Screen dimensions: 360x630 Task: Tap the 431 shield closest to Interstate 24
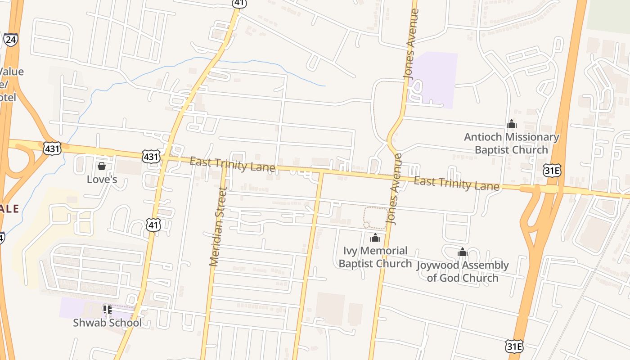pyautogui.click(x=52, y=148)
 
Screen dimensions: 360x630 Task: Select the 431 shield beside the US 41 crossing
pyautogui.click(x=151, y=156)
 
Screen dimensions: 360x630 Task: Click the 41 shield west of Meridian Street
pyautogui.click(x=153, y=225)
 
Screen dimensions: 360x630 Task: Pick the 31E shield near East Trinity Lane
pyautogui.click(x=552, y=170)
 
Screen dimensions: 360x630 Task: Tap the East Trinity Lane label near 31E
pyautogui.click(x=456, y=184)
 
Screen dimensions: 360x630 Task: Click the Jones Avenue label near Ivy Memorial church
pyautogui.click(x=394, y=189)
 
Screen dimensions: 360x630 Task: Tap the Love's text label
pyautogui.click(x=102, y=179)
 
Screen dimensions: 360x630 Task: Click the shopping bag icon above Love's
pyautogui.click(x=102, y=166)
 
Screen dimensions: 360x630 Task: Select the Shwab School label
pyautogui.click(x=107, y=323)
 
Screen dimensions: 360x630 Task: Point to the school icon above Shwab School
pyautogui.click(x=107, y=309)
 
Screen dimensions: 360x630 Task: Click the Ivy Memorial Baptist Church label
pyautogui.click(x=375, y=257)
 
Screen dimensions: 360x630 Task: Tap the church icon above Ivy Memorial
pyautogui.click(x=375, y=238)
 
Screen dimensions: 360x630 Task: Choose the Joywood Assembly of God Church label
pyautogui.click(x=463, y=271)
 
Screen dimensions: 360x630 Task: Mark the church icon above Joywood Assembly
pyautogui.click(x=463, y=252)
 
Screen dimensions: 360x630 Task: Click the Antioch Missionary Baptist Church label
pyautogui.click(x=512, y=143)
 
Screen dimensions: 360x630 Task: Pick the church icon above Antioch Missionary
pyautogui.click(x=512, y=124)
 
